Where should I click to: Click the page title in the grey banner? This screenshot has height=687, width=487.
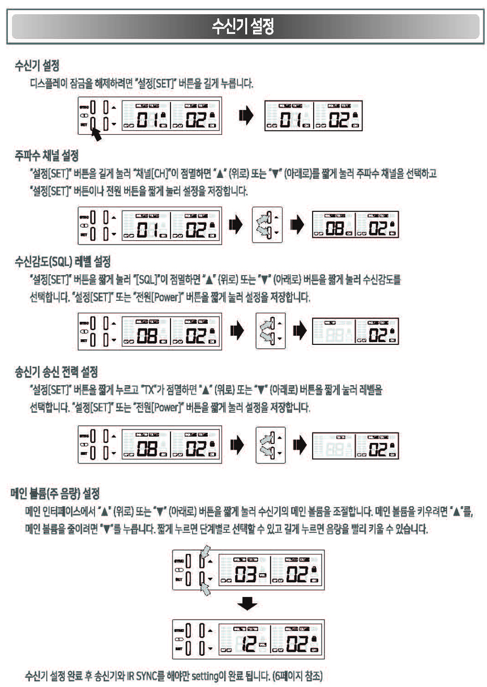click(x=243, y=26)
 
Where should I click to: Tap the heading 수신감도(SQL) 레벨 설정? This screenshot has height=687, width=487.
click(x=62, y=262)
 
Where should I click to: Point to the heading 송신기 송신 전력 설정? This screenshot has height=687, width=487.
click(x=56, y=372)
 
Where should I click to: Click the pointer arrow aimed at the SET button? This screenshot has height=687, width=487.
click(x=100, y=135)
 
